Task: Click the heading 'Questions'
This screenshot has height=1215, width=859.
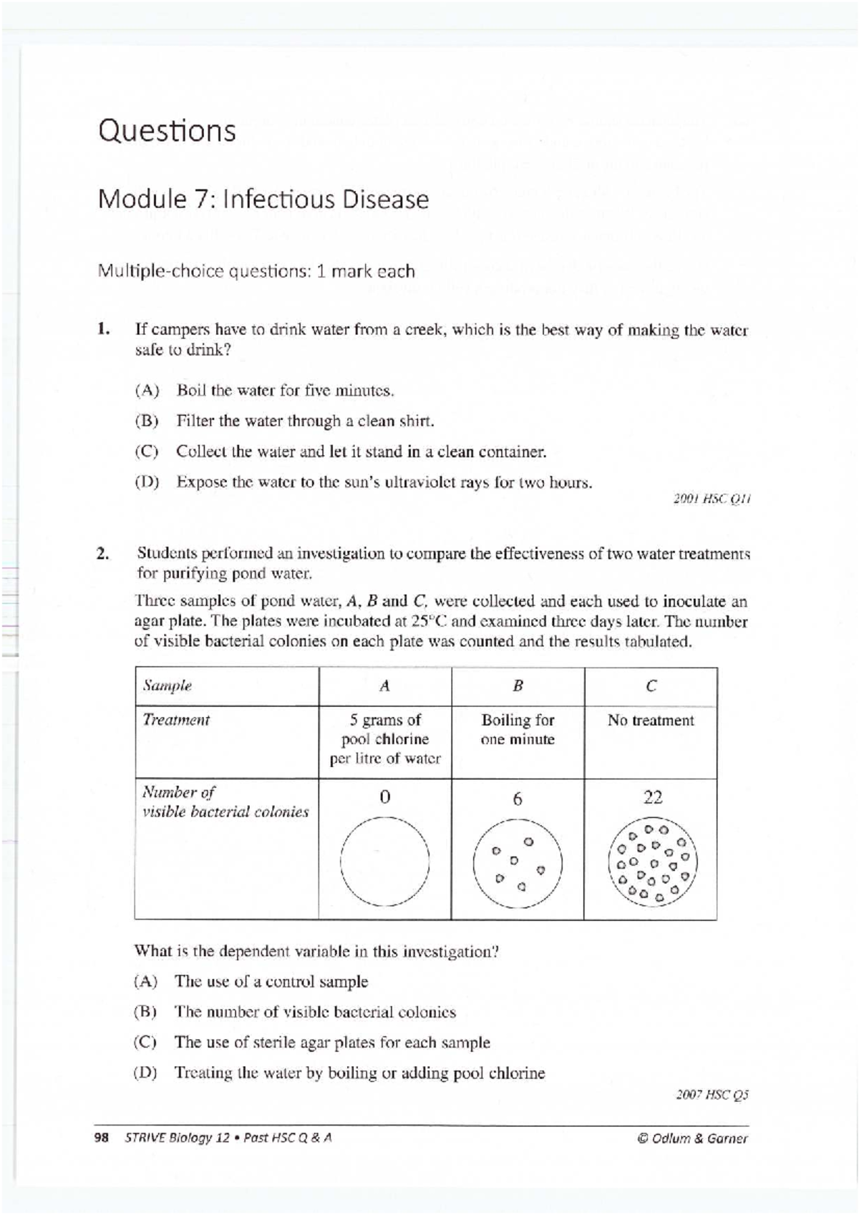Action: pyautogui.click(x=167, y=131)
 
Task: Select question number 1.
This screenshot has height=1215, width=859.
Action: pyautogui.click(x=105, y=330)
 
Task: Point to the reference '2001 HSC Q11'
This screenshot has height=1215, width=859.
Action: pyautogui.click(x=712, y=499)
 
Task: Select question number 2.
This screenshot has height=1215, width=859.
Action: pyautogui.click(x=104, y=553)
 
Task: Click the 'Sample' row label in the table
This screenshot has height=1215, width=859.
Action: pyautogui.click(x=167, y=685)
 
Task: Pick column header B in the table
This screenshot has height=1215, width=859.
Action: pyautogui.click(x=518, y=685)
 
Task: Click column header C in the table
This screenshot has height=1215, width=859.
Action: pyautogui.click(x=650, y=685)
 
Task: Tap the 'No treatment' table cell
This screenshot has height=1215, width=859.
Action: pyautogui.click(x=650, y=721)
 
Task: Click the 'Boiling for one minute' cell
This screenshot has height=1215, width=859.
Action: pyautogui.click(x=518, y=730)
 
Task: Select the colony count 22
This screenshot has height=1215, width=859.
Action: pyautogui.click(x=652, y=797)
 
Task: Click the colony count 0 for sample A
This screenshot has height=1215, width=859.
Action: pyautogui.click(x=384, y=797)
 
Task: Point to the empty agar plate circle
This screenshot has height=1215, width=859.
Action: pyautogui.click(x=384, y=862)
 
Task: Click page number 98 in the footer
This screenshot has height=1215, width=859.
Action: pyautogui.click(x=101, y=1138)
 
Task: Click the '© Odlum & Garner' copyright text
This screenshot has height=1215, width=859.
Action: pyautogui.click(x=691, y=1138)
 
